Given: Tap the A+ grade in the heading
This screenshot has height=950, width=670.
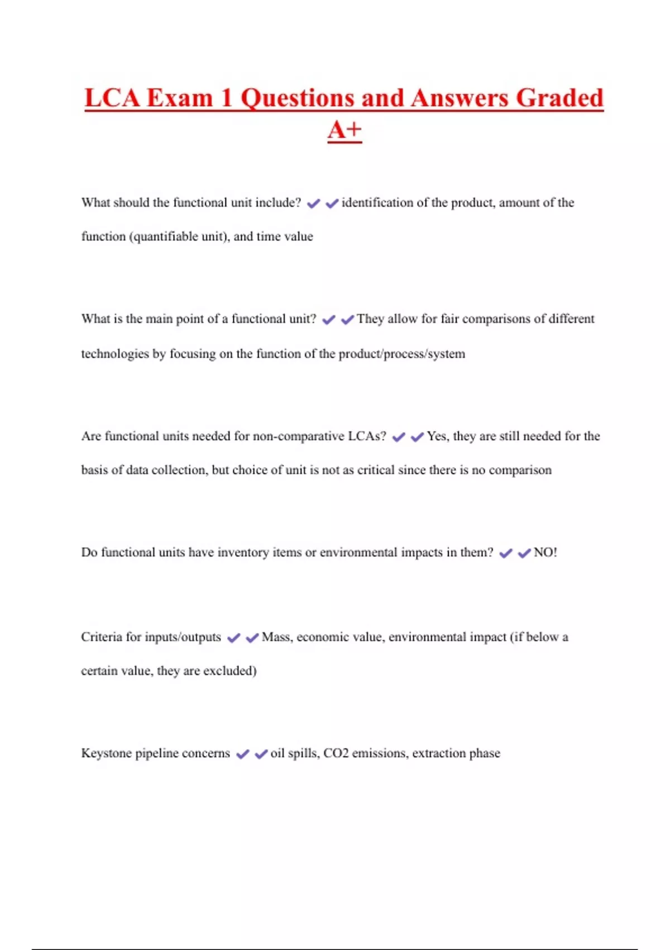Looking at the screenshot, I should click(x=344, y=130).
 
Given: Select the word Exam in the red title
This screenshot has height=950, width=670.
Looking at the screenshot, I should click(x=180, y=98).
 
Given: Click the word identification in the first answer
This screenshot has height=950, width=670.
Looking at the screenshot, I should click(x=377, y=203).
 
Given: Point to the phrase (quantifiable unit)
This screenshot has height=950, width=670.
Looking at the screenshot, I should click(x=179, y=236).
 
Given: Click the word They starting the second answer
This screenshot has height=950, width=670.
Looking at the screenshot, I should click(x=370, y=319).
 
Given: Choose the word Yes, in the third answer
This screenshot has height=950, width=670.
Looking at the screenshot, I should click(x=438, y=436).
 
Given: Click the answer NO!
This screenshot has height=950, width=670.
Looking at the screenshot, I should click(x=545, y=553).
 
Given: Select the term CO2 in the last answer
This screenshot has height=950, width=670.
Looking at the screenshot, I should click(x=336, y=753).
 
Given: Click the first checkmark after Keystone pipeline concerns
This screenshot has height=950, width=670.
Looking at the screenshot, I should click(x=242, y=754).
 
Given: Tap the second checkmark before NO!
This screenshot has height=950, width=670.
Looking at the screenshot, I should click(x=524, y=553).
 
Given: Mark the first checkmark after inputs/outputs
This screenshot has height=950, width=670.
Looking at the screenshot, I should click(x=233, y=638).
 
